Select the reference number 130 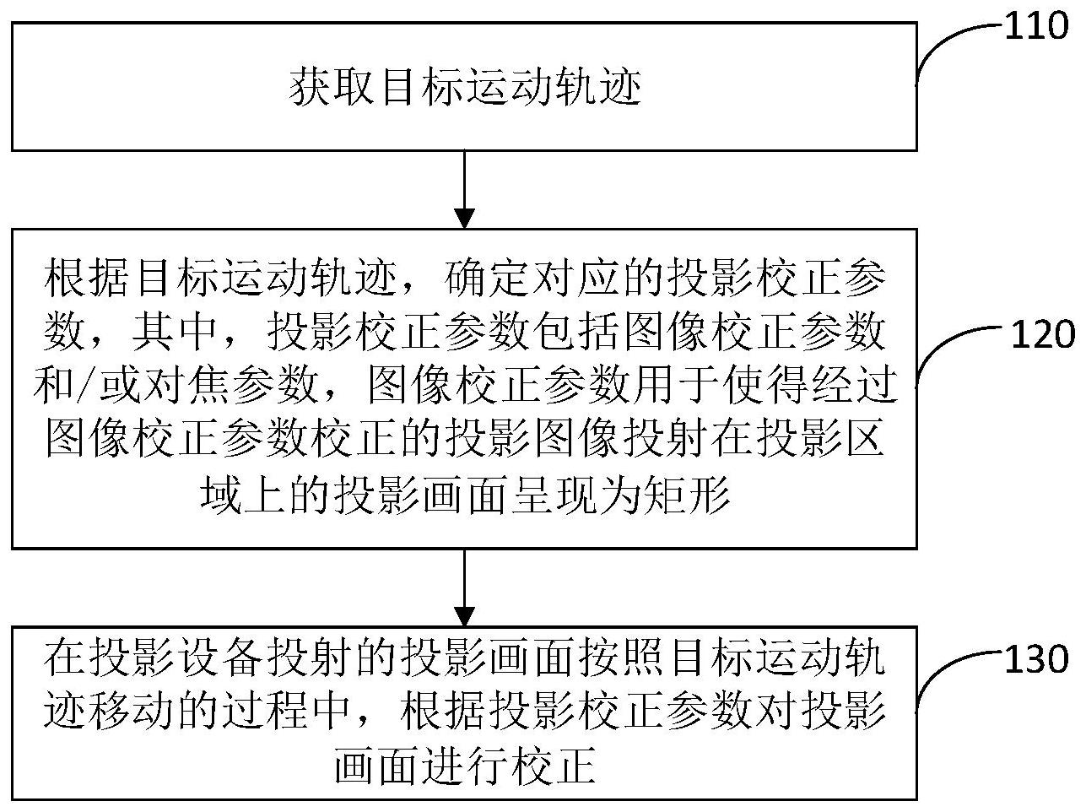coord(1036,659)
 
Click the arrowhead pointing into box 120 coord(465,219)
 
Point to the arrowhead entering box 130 coord(465,616)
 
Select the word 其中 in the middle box coord(174,331)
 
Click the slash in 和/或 coord(88,384)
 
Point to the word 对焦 coord(185,384)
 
